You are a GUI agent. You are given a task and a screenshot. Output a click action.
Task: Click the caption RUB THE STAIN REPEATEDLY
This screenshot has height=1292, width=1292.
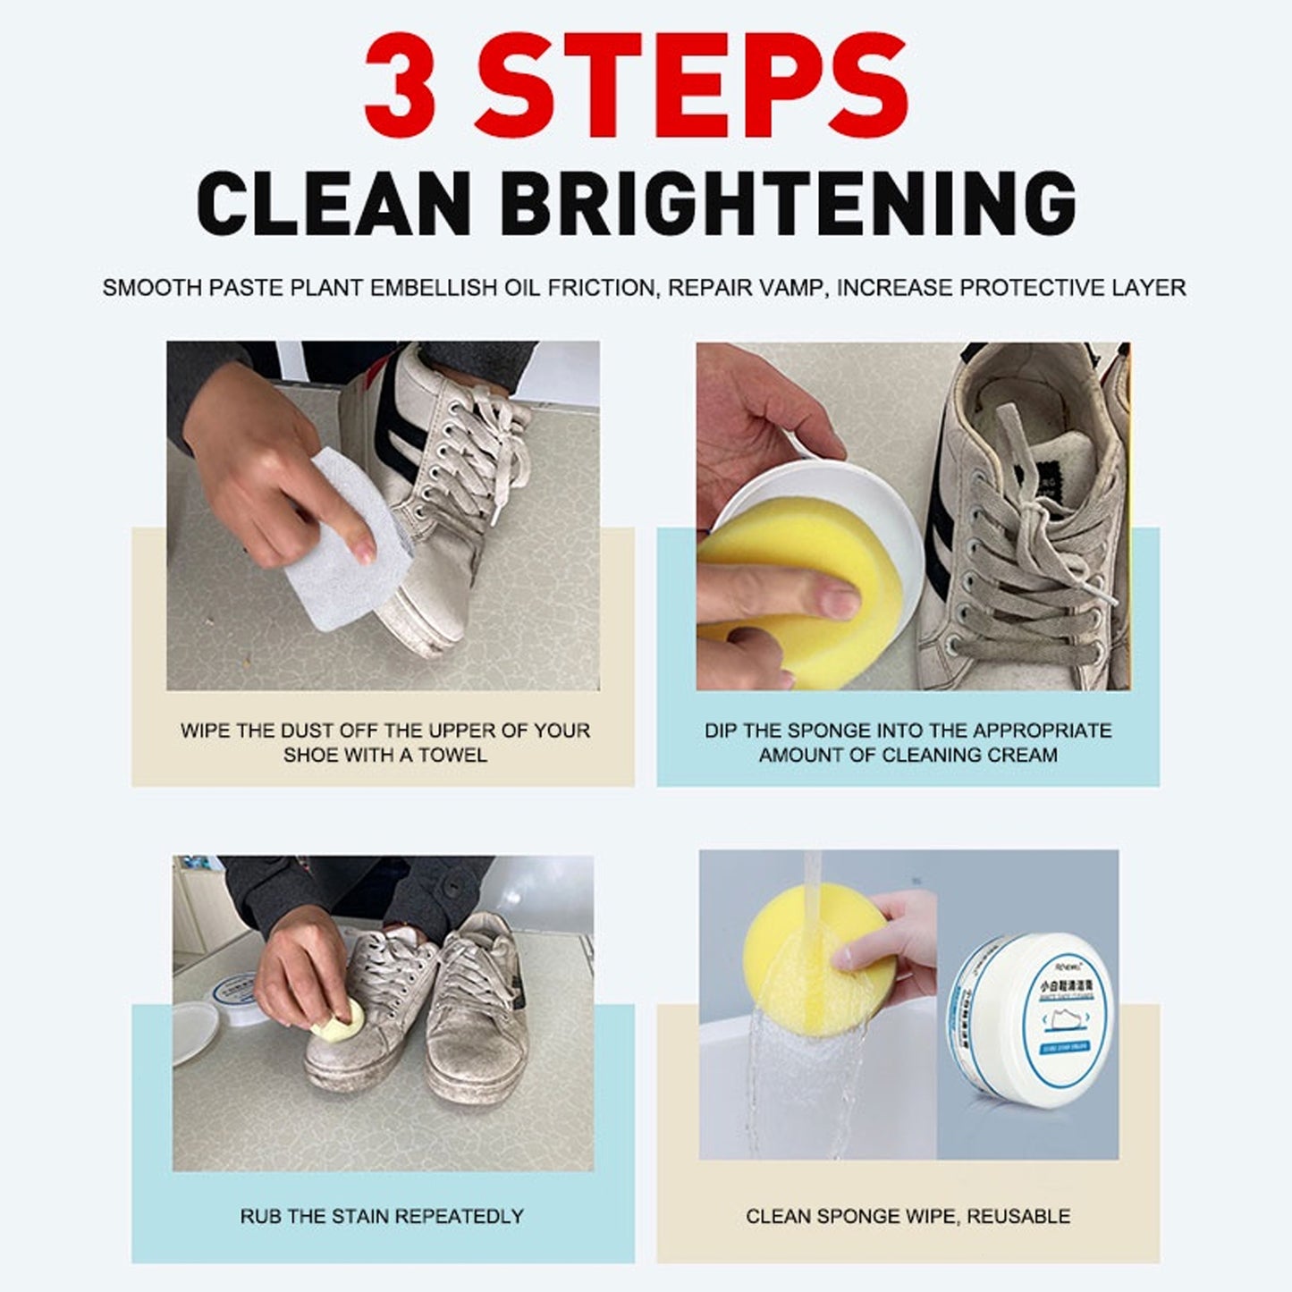coord(382,1216)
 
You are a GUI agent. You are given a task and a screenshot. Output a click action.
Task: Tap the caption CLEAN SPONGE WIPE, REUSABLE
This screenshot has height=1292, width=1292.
coord(908,1216)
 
